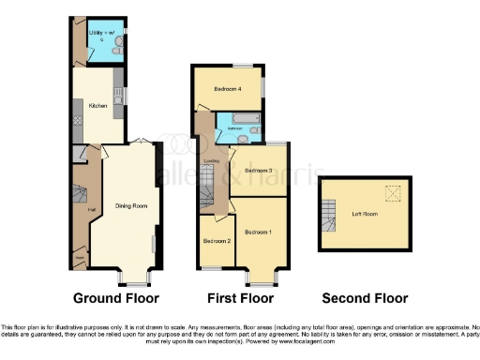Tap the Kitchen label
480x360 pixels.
(97, 106)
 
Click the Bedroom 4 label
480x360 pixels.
(227, 89)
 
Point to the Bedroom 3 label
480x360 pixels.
(258, 171)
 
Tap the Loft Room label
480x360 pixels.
(365, 215)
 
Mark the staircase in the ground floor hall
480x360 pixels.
(80, 196)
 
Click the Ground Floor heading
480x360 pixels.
(117, 298)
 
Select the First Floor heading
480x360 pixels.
(237, 298)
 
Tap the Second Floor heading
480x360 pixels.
(365, 298)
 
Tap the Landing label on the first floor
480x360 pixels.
(212, 160)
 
